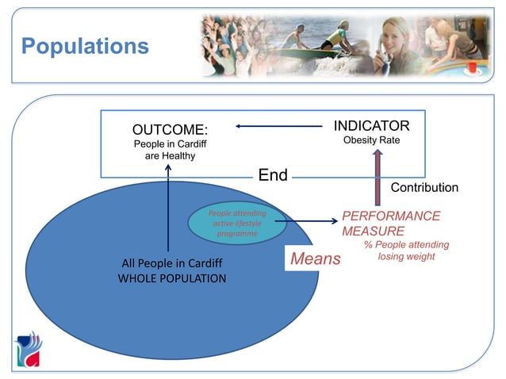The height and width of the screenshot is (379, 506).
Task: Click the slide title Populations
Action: coord(85,45)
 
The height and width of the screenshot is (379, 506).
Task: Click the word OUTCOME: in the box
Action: coord(170,128)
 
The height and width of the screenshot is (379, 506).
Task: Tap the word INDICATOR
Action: coord(371,126)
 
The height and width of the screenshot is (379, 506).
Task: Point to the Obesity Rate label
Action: coord(371,140)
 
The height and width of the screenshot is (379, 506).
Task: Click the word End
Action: coord(273,175)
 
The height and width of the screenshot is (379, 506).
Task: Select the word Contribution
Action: coord(424,188)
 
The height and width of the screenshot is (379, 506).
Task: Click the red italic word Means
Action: coord(315,258)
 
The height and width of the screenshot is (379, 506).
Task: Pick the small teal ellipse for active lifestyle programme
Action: coord(236,224)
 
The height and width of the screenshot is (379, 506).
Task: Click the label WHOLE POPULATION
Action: coord(172,278)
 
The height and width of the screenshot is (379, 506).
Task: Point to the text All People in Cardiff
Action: coord(172,263)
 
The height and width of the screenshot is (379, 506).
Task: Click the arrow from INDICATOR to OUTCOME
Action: coord(278,126)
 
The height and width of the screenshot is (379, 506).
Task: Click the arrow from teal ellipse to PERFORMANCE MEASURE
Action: coord(309,221)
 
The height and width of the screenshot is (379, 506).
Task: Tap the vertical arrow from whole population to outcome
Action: coord(169,206)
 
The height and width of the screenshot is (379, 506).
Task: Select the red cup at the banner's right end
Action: coord(473,69)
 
